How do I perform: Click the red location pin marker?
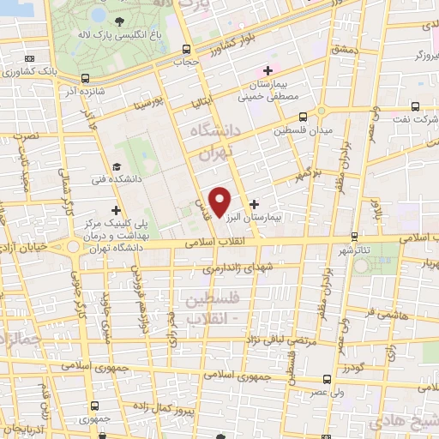220,201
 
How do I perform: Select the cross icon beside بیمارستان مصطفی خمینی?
268,70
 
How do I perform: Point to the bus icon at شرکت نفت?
416,108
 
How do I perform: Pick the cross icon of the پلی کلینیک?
116,210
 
